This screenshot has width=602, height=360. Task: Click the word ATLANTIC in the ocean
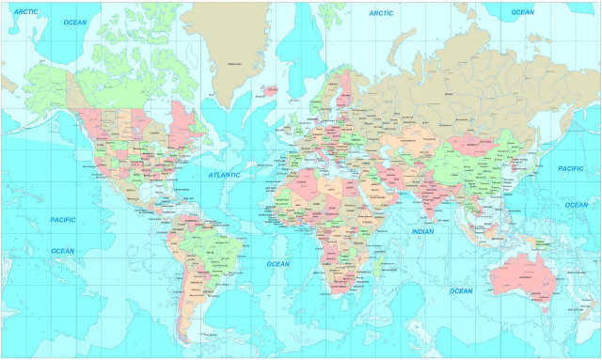click(224, 175)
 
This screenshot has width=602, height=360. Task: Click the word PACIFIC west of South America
click(62, 219)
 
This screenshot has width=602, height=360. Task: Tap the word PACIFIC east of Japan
click(571, 168)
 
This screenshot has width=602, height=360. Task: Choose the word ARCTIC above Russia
click(381, 13)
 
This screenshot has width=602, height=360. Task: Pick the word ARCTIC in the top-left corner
click(24, 11)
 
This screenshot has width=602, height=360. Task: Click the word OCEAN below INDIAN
click(461, 290)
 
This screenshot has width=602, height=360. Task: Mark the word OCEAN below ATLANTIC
click(277, 264)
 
